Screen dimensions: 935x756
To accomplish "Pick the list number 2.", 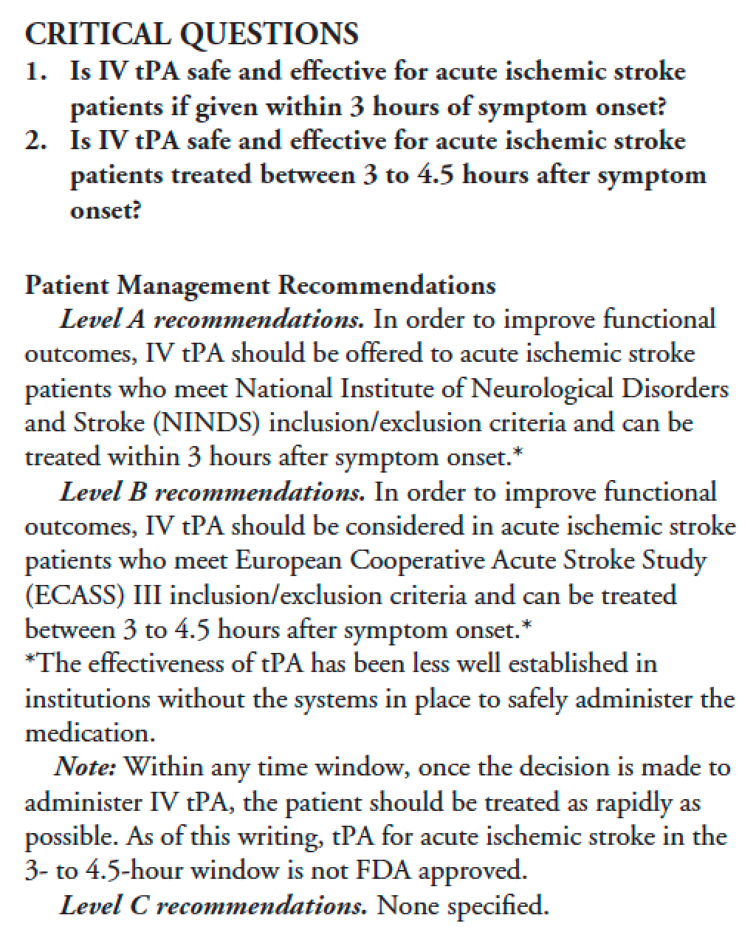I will click(32, 140).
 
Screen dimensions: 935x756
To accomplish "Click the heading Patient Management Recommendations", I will click(260, 285).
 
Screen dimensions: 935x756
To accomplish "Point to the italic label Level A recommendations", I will click(211, 320).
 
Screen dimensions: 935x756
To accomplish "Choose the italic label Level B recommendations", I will click(212, 493).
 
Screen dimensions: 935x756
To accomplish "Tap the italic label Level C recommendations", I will click(213, 905).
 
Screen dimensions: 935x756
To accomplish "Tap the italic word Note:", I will click(85, 767).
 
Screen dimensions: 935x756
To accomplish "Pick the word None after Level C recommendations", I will click(408, 905).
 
